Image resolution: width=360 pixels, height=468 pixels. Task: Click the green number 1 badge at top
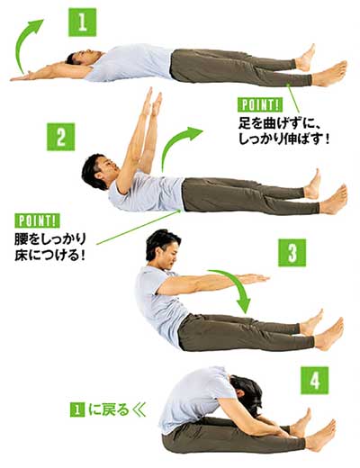(81, 22)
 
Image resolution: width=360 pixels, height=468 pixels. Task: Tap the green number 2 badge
(59, 138)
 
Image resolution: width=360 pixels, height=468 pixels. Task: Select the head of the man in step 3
(161, 246)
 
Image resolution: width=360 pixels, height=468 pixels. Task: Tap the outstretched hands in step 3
(256, 279)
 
